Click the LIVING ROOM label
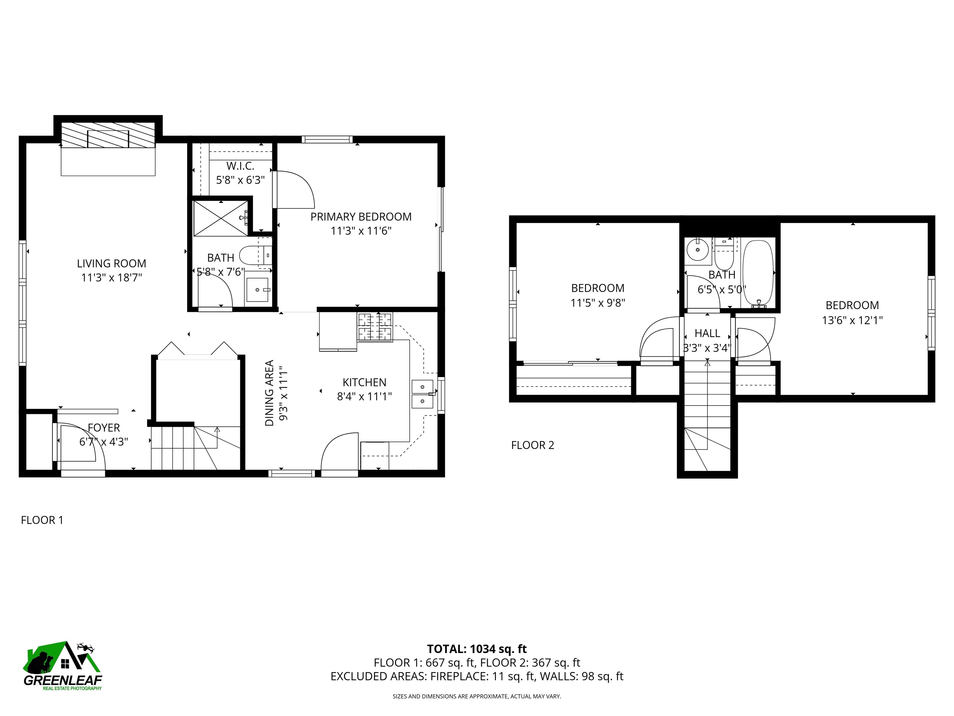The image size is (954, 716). click(x=111, y=263)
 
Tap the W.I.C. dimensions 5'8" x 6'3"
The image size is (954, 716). click(x=240, y=180)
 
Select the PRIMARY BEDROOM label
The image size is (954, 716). click(x=361, y=217)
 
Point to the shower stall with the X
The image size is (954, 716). click(x=220, y=218)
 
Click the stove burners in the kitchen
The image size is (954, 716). click(x=375, y=327)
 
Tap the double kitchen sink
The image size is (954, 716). click(x=423, y=394)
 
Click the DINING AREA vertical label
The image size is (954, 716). click(x=269, y=393)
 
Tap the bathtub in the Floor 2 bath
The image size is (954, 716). click(x=758, y=273)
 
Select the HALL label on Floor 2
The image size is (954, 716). click(x=707, y=333)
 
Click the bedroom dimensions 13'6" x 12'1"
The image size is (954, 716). click(x=852, y=320)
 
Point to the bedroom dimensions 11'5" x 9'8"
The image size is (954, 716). click(x=598, y=303)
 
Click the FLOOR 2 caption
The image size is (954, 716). click(x=533, y=445)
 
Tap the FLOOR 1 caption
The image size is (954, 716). click(x=42, y=520)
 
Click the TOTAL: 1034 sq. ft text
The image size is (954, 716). click(x=477, y=649)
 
